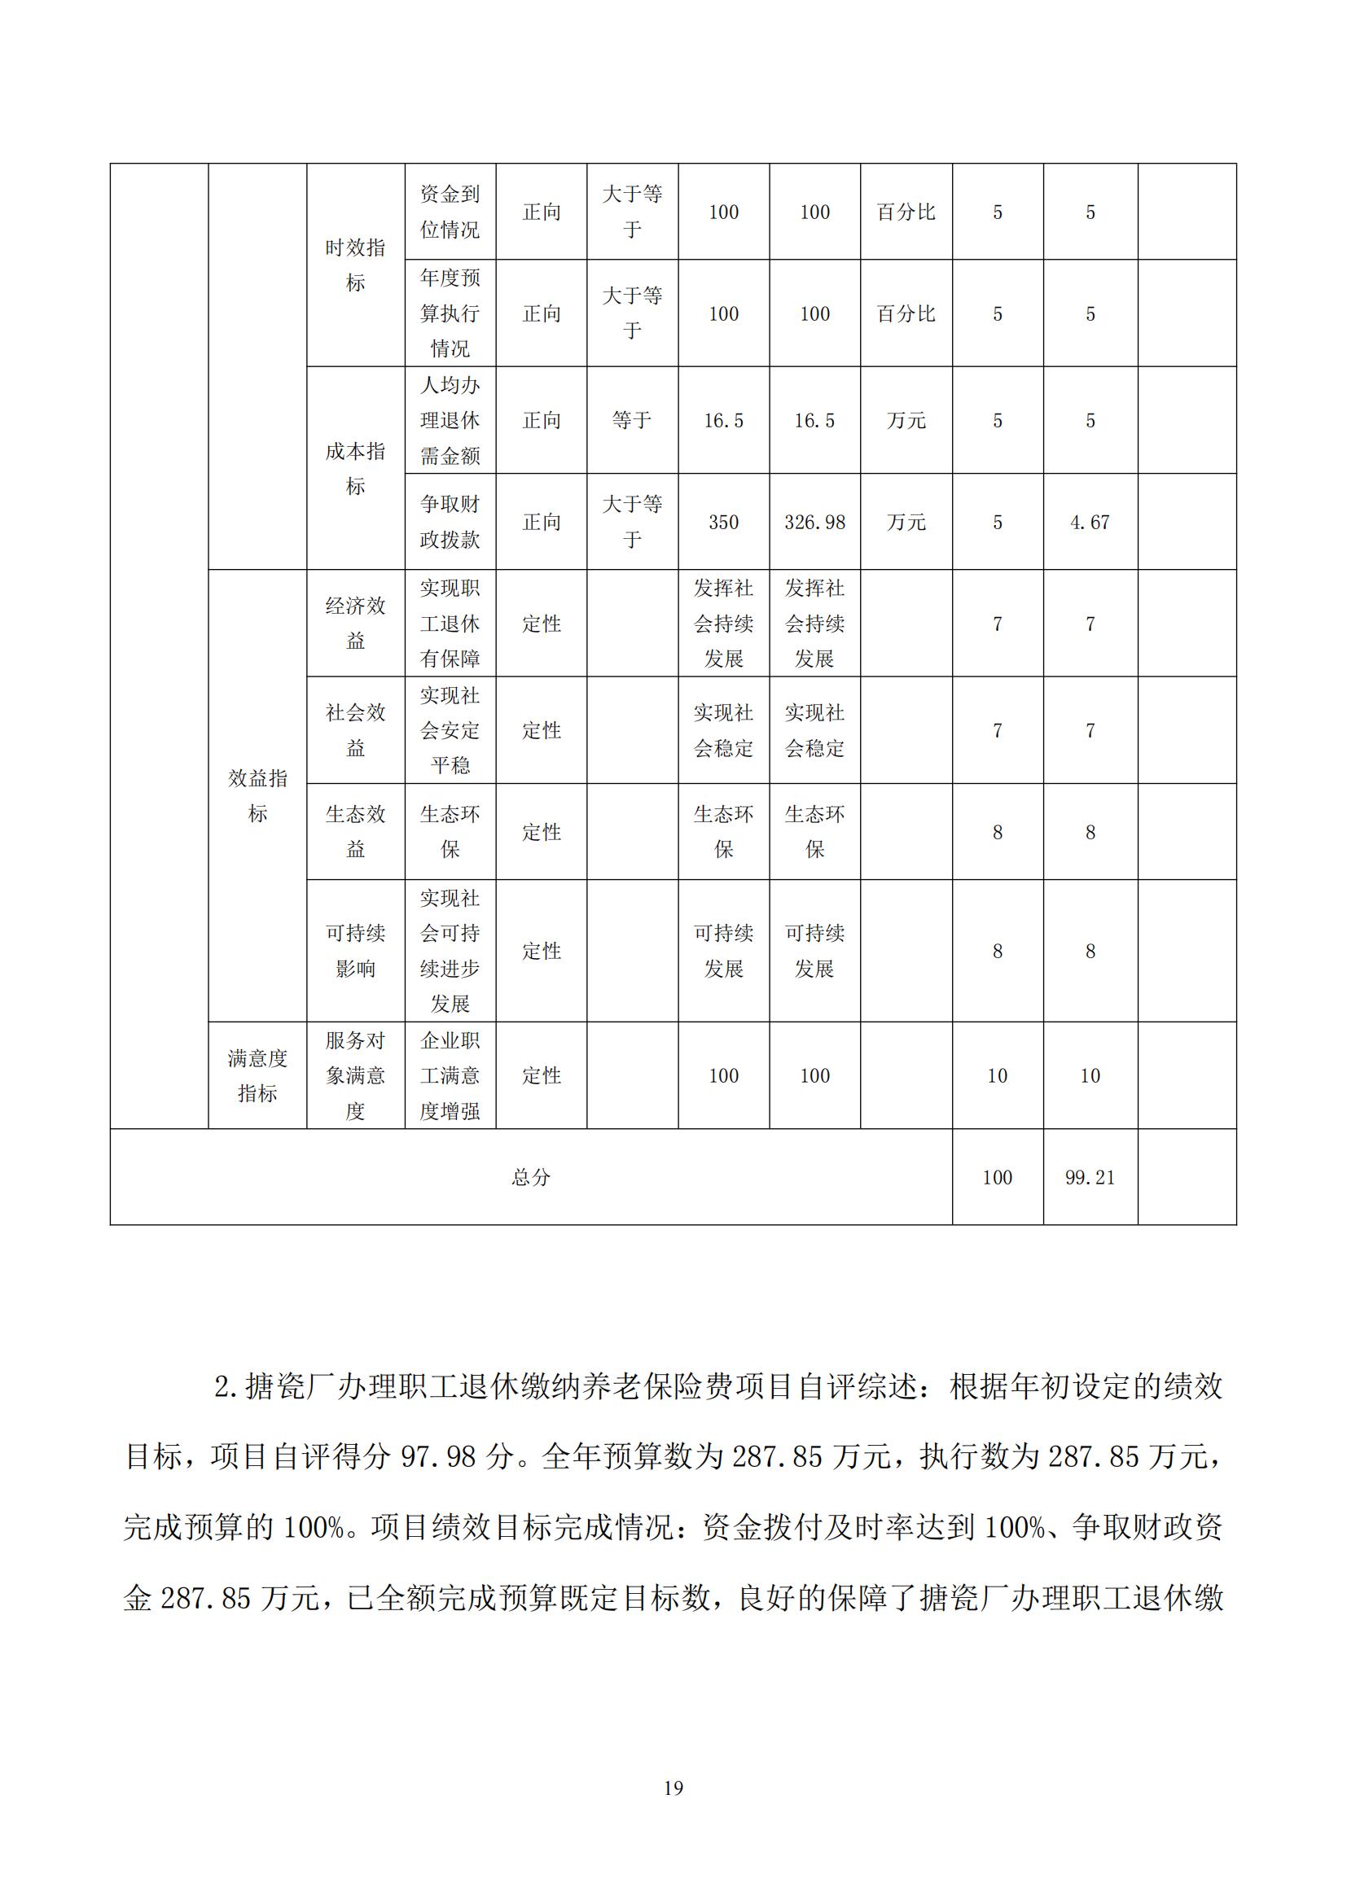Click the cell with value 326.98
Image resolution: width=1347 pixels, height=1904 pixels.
click(814, 523)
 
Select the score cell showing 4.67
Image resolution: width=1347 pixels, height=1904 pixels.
click(1090, 523)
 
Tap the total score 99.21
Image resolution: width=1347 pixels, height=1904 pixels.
click(1090, 1178)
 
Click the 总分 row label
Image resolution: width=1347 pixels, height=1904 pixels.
click(531, 1178)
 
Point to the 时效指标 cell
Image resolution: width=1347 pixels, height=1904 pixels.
click(355, 265)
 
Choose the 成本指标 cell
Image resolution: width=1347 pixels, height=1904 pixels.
click(355, 469)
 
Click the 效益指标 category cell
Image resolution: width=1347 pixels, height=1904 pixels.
click(257, 795)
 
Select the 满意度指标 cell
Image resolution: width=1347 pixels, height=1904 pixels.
click(257, 1075)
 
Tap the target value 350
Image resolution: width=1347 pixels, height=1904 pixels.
click(723, 523)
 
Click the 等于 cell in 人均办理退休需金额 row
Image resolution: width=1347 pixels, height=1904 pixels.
click(632, 420)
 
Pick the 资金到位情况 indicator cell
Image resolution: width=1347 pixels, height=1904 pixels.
click(450, 212)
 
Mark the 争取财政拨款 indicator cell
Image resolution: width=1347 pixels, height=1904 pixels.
click(450, 523)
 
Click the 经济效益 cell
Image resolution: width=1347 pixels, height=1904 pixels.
click(355, 623)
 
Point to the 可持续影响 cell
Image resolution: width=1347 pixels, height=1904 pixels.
click(355, 950)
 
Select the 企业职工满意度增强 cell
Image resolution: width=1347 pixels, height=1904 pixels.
click(450, 1075)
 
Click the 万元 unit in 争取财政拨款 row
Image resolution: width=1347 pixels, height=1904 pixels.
click(906, 523)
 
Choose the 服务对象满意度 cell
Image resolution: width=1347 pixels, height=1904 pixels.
click(355, 1075)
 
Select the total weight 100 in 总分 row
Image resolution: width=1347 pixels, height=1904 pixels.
click(997, 1178)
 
